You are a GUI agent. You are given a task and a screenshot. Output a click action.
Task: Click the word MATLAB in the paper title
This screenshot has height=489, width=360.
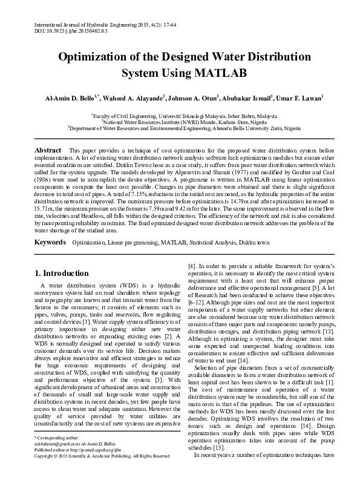[219, 74]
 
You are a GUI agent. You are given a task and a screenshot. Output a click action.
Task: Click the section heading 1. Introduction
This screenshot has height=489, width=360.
[62, 273]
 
